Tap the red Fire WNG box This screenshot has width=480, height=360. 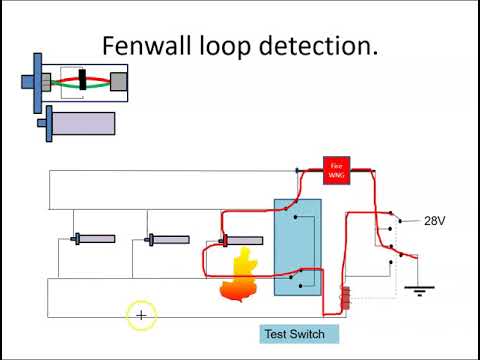pos(336,170)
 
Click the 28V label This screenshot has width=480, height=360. pos(435,221)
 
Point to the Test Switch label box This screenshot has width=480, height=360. pos(294,334)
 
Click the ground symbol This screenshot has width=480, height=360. pos(416,290)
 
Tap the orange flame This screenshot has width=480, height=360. pos(241,275)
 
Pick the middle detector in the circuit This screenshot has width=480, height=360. pos(167,239)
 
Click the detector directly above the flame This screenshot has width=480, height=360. pos(241,240)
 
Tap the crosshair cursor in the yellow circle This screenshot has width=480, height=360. pos(141,316)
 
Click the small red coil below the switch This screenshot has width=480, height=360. pos(345,298)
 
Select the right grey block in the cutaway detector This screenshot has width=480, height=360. pos(118,81)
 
